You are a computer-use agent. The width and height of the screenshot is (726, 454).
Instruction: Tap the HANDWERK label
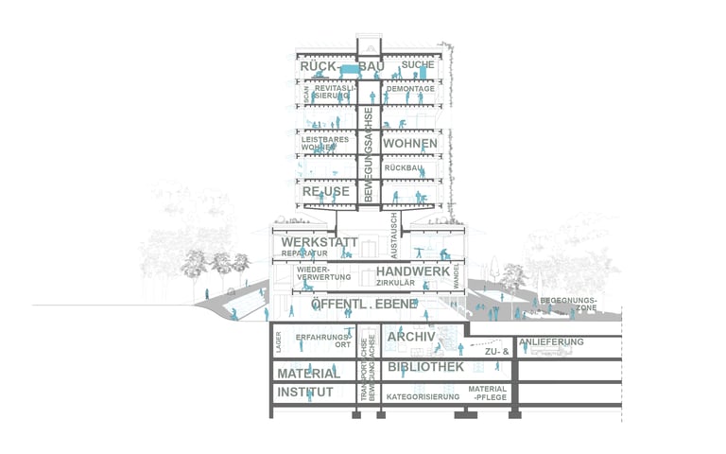pyautogui.click(x=413, y=271)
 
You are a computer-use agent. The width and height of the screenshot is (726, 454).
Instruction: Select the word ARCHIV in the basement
pyautogui.click(x=411, y=337)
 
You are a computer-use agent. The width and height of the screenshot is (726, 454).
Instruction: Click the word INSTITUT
pyautogui.click(x=304, y=392)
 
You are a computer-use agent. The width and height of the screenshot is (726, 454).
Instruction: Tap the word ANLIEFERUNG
pyautogui.click(x=551, y=341)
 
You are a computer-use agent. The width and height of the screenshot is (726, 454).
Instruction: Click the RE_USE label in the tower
pyautogui.click(x=325, y=192)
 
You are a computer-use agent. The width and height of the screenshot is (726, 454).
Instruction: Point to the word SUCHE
pyautogui.click(x=417, y=65)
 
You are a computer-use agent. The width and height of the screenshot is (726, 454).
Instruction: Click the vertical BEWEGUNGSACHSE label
pyautogui.click(x=370, y=154)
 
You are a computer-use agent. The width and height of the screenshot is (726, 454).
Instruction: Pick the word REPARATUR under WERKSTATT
pyautogui.click(x=303, y=254)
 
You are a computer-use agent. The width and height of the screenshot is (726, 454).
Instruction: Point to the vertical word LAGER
pyautogui.click(x=280, y=344)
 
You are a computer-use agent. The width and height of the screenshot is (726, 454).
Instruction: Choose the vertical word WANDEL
pyautogui.click(x=456, y=276)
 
